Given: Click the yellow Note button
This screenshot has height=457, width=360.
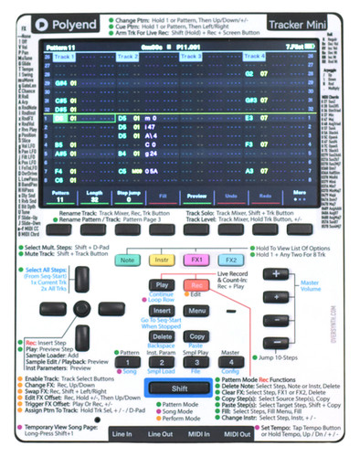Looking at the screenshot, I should coord(129,260).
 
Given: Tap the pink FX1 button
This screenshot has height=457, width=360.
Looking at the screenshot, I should coord(196,260).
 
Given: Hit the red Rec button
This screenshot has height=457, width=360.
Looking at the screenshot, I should coord(197,285).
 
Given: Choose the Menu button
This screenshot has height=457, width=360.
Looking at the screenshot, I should coord(197,311).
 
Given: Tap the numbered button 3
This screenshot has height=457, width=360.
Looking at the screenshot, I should coord(197,362).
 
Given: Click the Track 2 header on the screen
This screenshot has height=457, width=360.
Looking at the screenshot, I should coord(126,57).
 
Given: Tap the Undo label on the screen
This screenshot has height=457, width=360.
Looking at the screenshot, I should coord(229,195).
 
